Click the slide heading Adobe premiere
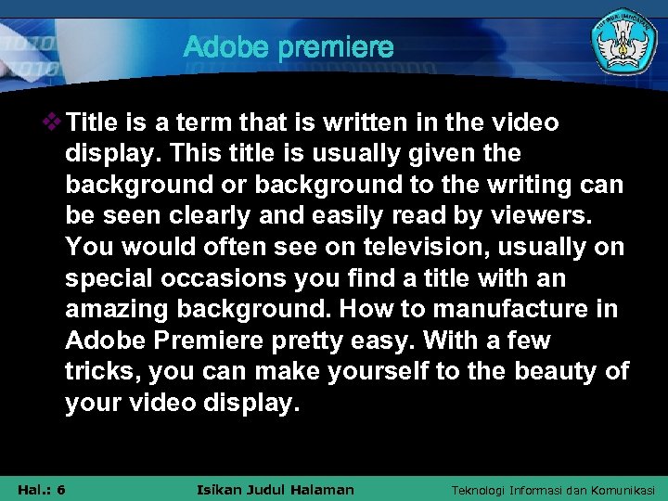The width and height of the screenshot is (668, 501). (289, 47)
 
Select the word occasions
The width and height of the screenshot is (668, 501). (235, 279)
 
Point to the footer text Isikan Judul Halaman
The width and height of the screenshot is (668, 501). (276, 490)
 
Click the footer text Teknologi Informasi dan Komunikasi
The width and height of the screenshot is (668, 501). (553, 490)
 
